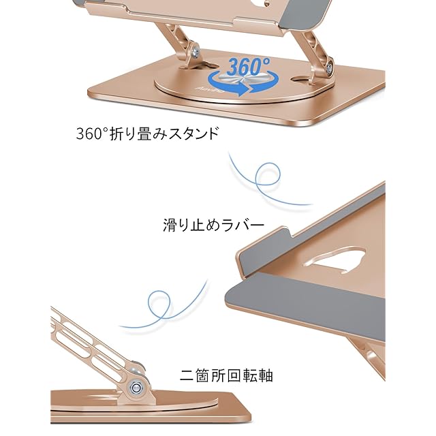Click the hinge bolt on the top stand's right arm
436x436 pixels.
(330, 67)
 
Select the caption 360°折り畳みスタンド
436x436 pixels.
(148, 133)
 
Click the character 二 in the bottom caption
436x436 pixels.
(186, 375)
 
